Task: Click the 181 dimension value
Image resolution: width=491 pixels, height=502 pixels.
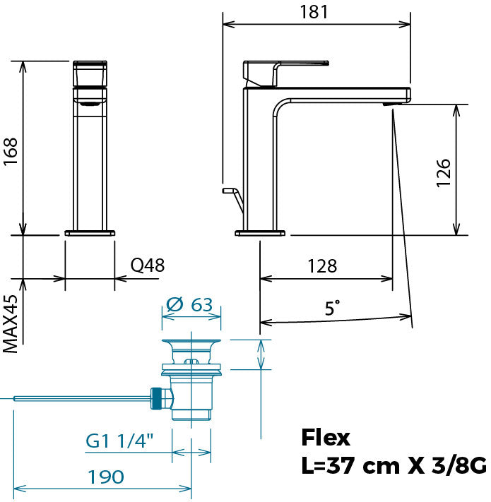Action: [x=314, y=12]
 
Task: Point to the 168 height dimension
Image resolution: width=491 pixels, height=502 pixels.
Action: [x=11, y=152]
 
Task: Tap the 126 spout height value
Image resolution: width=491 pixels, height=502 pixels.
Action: [x=443, y=172]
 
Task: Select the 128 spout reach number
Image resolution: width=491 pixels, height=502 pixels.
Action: [x=322, y=266]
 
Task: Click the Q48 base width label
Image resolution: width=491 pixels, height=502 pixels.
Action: [x=148, y=265]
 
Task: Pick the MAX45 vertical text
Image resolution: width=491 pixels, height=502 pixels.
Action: [x=11, y=324]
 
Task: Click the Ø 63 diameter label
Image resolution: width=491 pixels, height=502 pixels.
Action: [x=189, y=304]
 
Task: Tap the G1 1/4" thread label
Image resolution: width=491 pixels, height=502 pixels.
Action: [x=119, y=441]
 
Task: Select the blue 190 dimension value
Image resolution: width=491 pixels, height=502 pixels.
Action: [x=106, y=477]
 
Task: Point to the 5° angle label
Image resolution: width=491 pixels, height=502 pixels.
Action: [x=333, y=308]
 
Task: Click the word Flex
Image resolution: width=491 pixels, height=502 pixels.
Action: [x=326, y=438]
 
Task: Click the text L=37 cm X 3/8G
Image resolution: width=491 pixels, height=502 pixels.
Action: [x=394, y=465]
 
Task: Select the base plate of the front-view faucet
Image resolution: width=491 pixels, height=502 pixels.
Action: [x=90, y=233]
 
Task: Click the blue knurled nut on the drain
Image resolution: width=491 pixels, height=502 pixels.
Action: [x=156, y=398]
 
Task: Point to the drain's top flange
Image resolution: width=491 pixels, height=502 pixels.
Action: [x=191, y=341]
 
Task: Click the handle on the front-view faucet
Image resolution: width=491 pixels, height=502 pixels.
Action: [x=90, y=73]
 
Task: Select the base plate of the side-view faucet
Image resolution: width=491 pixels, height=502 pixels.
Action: [x=260, y=233]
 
